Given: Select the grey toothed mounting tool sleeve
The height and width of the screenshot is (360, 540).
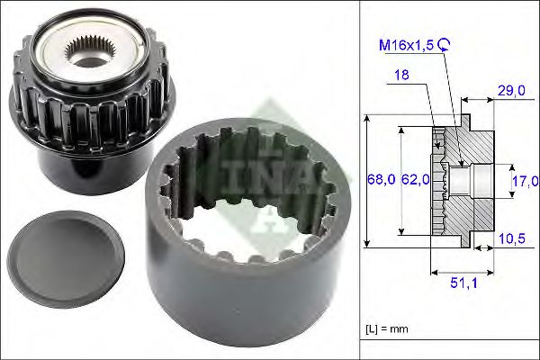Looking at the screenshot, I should (241, 261).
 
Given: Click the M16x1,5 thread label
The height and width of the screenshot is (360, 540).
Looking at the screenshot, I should (406, 43).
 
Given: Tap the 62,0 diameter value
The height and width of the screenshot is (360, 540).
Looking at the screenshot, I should (414, 182).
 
